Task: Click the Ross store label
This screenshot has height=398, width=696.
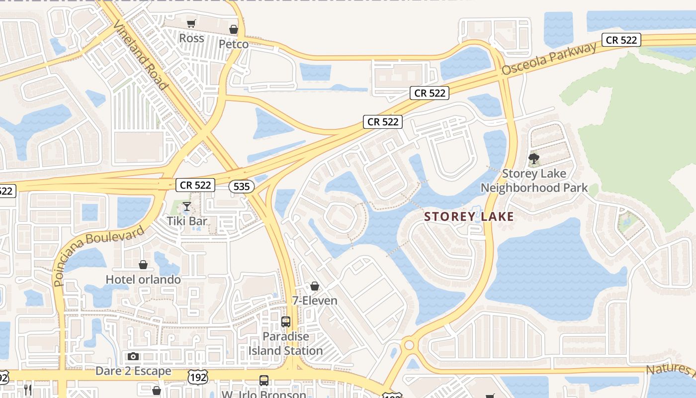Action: (191, 38)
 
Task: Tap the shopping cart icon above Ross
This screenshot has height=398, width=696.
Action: (191, 23)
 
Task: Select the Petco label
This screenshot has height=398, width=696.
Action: (234, 44)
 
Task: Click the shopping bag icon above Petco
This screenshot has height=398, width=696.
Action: (234, 29)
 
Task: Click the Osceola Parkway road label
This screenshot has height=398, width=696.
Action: (549, 59)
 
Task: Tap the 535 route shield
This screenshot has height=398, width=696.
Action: (242, 187)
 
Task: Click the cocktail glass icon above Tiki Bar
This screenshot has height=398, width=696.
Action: (187, 206)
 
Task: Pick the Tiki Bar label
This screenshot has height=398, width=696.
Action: (187, 221)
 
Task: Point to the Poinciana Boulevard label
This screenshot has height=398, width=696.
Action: (98, 256)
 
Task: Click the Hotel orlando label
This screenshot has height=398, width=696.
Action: (143, 280)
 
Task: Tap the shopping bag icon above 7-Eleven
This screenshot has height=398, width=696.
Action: (314, 286)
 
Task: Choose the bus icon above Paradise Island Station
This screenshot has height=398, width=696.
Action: (286, 321)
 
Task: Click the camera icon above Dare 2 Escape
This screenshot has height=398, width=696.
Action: (133, 356)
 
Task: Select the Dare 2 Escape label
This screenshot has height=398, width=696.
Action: (133, 371)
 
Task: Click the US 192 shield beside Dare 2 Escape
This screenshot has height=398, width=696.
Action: (197, 377)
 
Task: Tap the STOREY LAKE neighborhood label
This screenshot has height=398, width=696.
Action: (469, 217)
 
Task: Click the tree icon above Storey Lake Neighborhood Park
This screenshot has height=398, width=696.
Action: (534, 159)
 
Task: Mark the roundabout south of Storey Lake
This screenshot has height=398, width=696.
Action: (409, 344)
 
